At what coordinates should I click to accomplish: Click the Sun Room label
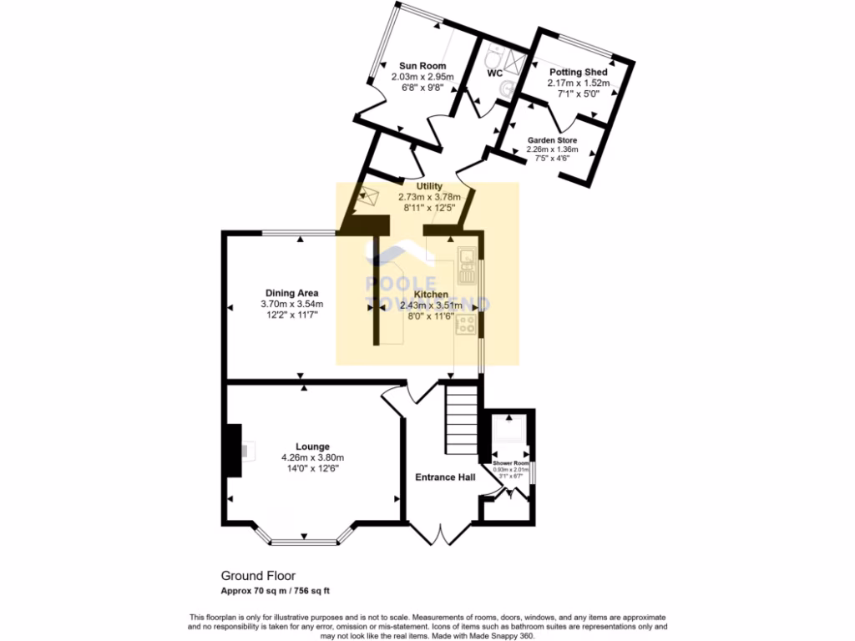pyautogui.click(x=422, y=65)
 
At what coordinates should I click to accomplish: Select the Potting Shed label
pyautogui.click(x=577, y=73)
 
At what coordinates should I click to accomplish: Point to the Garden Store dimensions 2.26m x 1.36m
pyautogui.click(x=553, y=150)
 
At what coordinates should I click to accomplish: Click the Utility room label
pyautogui.click(x=429, y=186)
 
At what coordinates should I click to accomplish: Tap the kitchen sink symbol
pyautogui.click(x=465, y=264)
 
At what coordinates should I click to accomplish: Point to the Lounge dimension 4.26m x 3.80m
pyautogui.click(x=313, y=457)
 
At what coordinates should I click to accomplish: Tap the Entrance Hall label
pyautogui.click(x=446, y=477)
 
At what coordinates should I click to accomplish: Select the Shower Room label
pyautogui.click(x=510, y=463)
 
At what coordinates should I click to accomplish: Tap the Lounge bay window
pyautogui.click(x=305, y=540)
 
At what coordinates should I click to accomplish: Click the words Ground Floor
pyautogui.click(x=257, y=576)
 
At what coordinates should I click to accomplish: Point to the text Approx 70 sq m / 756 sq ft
pyautogui.click(x=275, y=591)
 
